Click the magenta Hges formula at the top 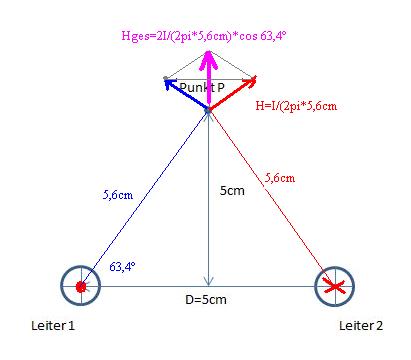click(204, 36)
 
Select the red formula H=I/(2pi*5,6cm click(296, 106)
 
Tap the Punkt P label click(202, 87)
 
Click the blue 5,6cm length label click(118, 195)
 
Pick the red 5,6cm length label click(280, 178)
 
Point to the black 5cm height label click(232, 191)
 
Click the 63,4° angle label click(122, 267)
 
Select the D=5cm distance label click(206, 300)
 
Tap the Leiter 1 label click(53, 325)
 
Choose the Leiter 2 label click(361, 325)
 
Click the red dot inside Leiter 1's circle click(81, 287)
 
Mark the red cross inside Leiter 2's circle click(334, 286)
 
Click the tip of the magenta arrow click(208, 51)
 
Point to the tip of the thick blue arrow click(165, 80)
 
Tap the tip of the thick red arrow click(256, 77)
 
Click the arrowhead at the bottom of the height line click(208, 285)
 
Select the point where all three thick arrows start click(208, 109)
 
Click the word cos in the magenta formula click(248, 36)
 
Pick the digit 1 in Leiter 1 click(71, 325)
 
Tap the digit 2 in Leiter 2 click(379, 325)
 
